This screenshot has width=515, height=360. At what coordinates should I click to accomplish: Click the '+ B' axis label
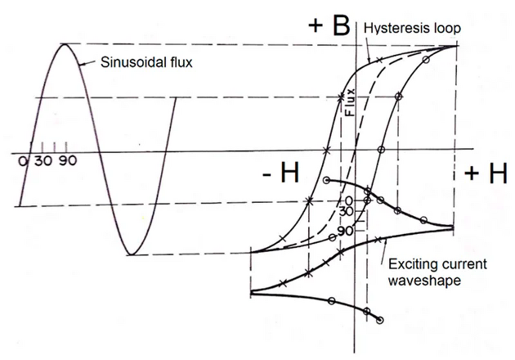click(x=329, y=24)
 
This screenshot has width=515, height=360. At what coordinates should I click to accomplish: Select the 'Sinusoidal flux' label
click(x=146, y=61)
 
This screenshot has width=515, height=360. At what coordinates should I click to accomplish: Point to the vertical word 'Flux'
click(x=350, y=104)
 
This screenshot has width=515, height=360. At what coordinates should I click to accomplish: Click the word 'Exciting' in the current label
click(x=411, y=263)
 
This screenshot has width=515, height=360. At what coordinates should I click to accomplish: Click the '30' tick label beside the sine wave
click(x=43, y=160)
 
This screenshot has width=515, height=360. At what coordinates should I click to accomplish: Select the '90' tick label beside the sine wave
click(x=67, y=160)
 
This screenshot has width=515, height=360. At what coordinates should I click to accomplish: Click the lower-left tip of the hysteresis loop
click(x=252, y=253)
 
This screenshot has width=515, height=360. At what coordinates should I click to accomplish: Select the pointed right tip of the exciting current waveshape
click(x=454, y=226)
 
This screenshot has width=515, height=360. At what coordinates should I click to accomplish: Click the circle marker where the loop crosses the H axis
click(x=381, y=151)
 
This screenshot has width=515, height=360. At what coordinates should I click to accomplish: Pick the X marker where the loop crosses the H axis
click(x=326, y=151)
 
